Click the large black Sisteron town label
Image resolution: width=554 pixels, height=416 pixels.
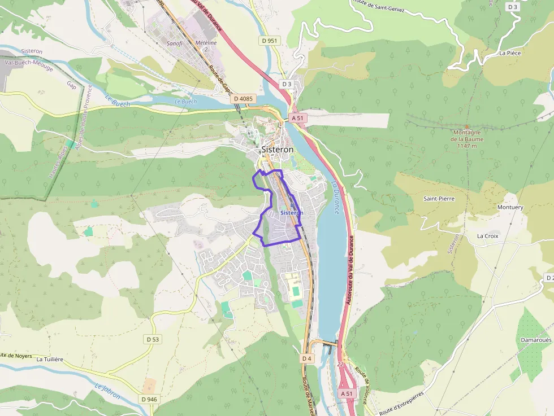pyautogui.click(x=278, y=150)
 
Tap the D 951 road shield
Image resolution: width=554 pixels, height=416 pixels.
pyautogui.click(x=270, y=41)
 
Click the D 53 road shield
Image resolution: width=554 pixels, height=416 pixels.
pyautogui.click(x=153, y=339)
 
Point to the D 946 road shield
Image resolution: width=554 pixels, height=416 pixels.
pyautogui.click(x=149, y=399)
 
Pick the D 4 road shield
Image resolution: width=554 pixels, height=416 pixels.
pyautogui.click(x=306, y=358)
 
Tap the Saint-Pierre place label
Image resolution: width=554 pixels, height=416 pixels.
pyautogui.click(x=439, y=199)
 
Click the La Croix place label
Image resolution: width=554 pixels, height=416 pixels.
pyautogui.click(x=487, y=236)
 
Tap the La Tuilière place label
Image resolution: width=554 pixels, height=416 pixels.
pyautogui.click(x=49, y=359)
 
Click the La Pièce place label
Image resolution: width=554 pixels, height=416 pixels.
pyautogui.click(x=509, y=53)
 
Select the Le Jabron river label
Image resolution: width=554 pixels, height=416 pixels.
pyautogui.click(x=107, y=392)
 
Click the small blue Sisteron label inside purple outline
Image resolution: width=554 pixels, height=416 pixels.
pyautogui.click(x=292, y=213)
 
